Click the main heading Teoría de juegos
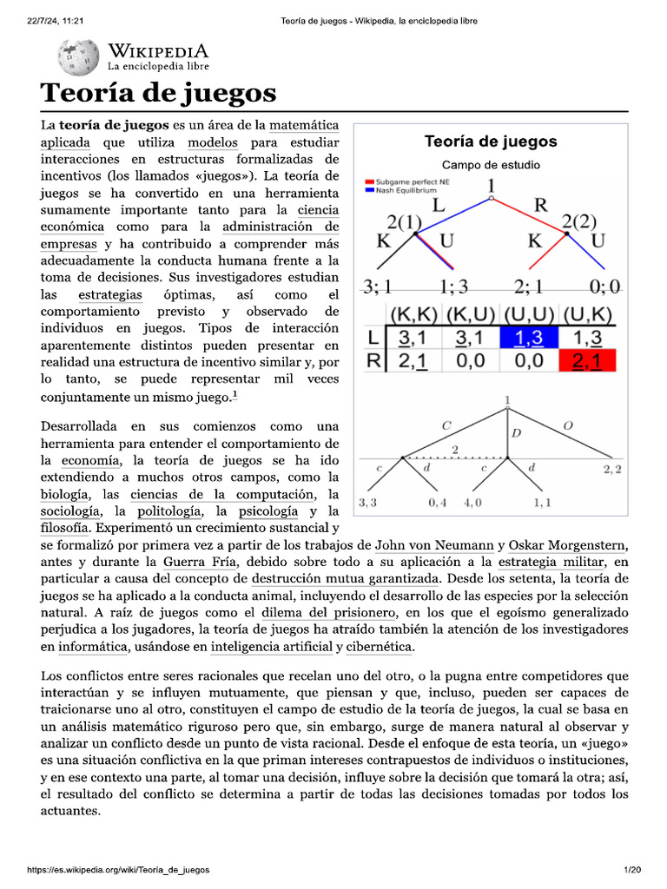(159, 93)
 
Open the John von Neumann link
(434, 545)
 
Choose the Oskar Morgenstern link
(566, 545)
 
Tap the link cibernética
(380, 647)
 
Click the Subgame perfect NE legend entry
(407, 182)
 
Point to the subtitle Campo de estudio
(491, 165)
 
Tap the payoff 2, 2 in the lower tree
(612, 470)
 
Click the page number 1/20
(631, 870)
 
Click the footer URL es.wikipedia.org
(119, 870)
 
